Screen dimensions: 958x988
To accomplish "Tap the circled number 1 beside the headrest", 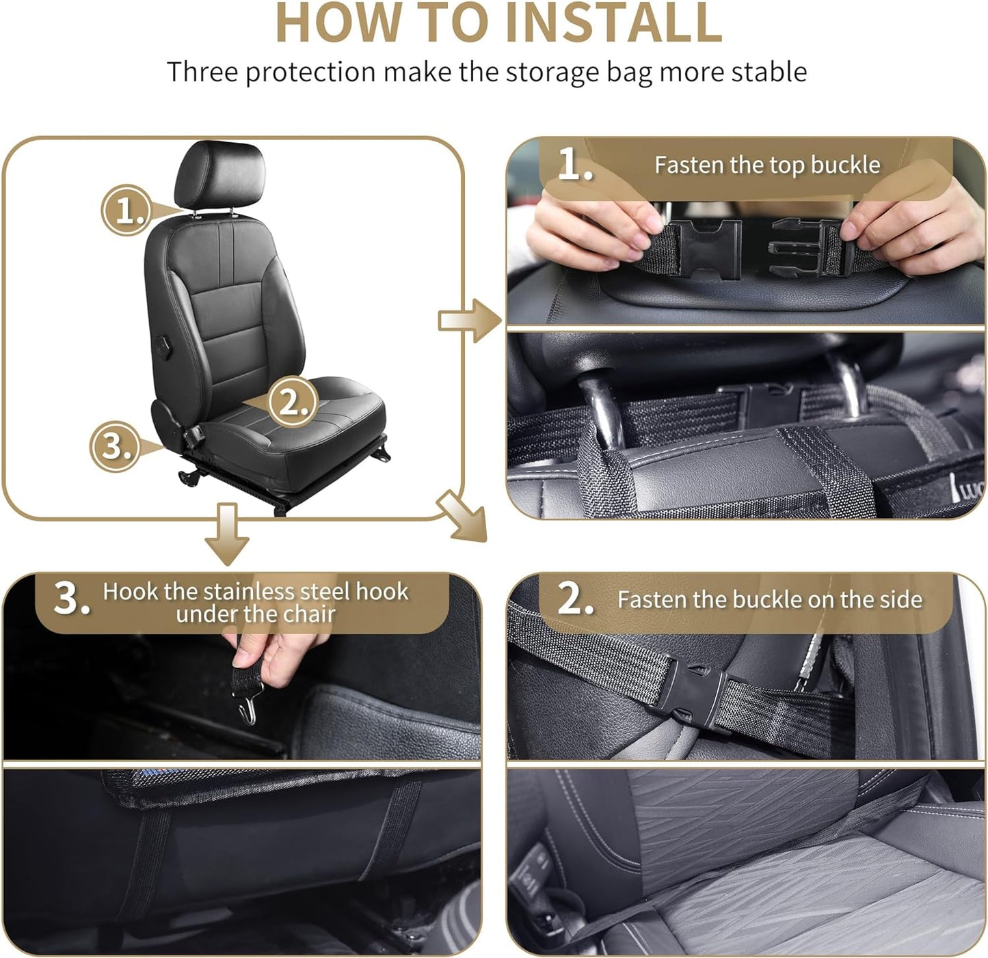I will pos(125,210).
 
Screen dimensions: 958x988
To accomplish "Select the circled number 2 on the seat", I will pos(292,402).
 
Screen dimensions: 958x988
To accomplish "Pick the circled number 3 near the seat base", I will pos(115,446).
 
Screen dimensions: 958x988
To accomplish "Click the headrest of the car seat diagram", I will pos(219,174).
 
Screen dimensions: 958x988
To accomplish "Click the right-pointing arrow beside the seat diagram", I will pos(470,319).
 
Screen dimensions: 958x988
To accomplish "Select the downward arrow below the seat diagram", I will pos(226,534).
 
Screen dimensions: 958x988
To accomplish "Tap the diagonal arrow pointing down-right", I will pos(464,517).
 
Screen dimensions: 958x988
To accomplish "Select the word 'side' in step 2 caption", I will pos(900,599).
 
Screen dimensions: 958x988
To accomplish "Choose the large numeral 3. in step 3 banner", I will pos(71,599).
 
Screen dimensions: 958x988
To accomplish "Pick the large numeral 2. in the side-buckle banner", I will pos(574,599).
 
